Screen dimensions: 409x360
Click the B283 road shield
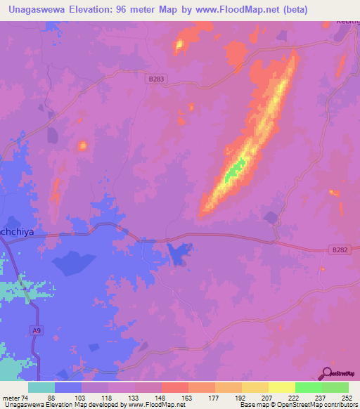coord(156,80)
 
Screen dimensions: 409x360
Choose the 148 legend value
coord(162,397)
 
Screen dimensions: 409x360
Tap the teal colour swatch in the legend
coord(41,387)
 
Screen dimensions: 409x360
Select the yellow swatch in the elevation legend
coord(282,387)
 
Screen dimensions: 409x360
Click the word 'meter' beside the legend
coord(11,397)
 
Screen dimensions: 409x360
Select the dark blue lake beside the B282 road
coord(179,253)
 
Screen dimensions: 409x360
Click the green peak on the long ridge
coord(234,169)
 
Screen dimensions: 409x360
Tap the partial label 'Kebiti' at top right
coord(347,20)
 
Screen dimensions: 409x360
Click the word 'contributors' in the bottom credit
coord(336,405)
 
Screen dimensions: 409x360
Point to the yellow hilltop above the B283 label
coord(179,46)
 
